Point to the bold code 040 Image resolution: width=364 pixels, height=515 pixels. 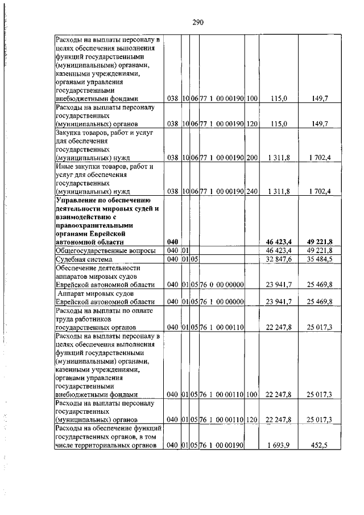coord(173,242)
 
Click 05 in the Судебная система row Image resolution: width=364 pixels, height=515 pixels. coord(194,259)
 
